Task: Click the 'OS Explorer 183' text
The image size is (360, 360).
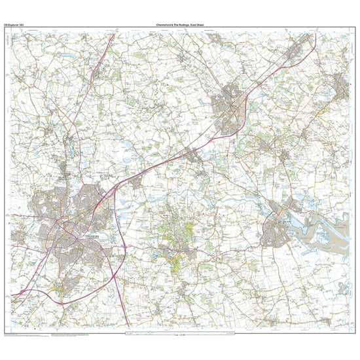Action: click(18, 24)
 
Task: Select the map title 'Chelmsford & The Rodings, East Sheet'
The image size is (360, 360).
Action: click(180, 24)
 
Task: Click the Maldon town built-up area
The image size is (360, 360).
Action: click(278, 229)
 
